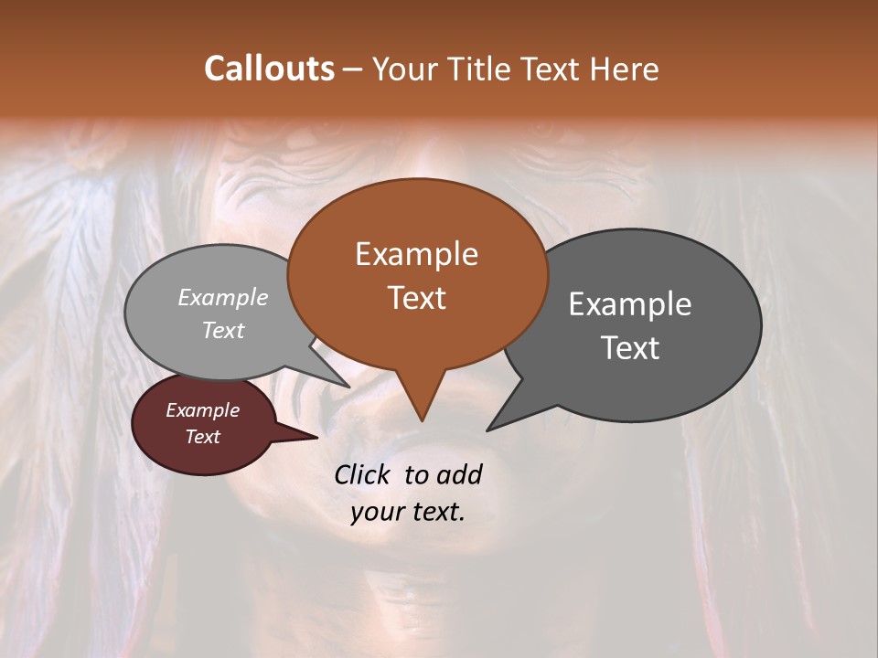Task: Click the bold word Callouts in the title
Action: pos(269,69)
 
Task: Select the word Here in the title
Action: pos(624,69)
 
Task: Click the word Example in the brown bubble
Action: pos(416,254)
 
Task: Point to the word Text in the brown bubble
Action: pos(416,298)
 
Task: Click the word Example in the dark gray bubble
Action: pos(630,304)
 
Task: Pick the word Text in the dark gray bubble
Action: pos(630,348)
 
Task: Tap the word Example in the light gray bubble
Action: pos(223,297)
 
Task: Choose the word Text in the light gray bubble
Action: pos(223,330)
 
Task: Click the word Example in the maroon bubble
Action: pos(202,410)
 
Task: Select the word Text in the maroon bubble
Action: pos(202,437)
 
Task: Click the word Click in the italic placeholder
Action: pos(363,474)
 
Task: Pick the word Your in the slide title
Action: pos(402,69)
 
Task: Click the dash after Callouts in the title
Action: pos(352,69)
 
